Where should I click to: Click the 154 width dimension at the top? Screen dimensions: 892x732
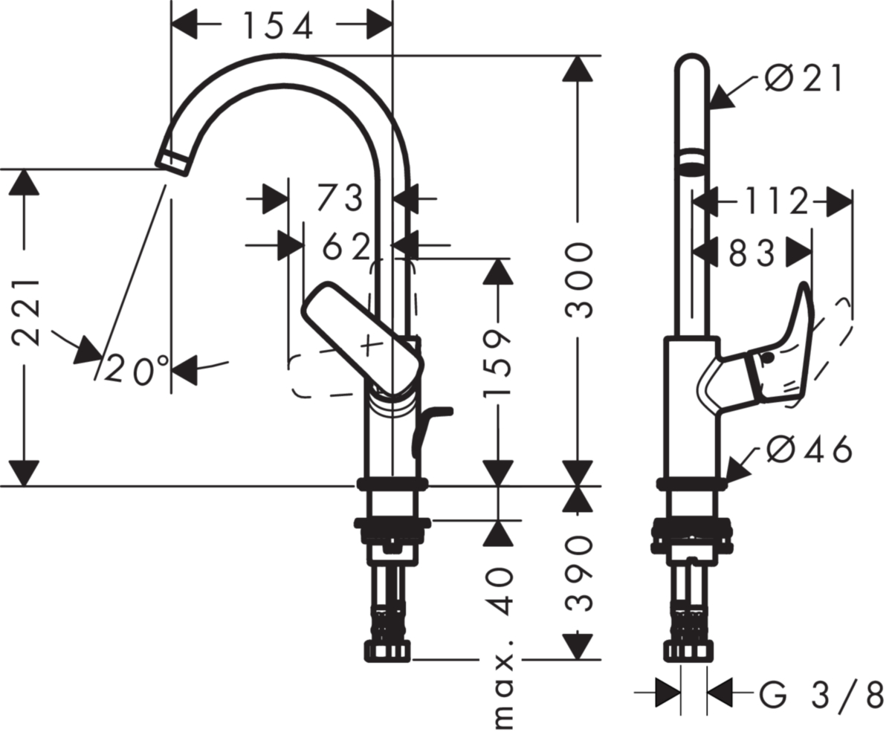[x=279, y=25]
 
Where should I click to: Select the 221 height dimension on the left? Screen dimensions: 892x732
[x=26, y=313]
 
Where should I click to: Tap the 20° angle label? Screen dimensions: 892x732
[x=136, y=370]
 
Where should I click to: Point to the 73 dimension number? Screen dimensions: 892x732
[x=340, y=198]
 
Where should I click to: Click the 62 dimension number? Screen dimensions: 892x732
[x=346, y=246]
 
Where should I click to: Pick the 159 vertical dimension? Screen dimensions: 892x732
[x=497, y=363]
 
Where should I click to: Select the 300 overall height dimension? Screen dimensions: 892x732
[x=579, y=280]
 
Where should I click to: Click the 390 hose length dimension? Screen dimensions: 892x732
[x=579, y=574]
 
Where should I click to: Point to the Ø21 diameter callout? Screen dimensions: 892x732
[x=804, y=79]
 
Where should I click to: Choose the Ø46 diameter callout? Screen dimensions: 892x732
[x=809, y=449]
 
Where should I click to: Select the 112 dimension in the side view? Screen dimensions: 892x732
[x=776, y=201]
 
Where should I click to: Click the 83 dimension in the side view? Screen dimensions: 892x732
[x=752, y=253]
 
